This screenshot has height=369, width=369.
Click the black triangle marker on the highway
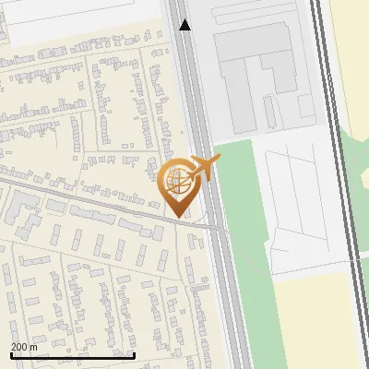pyautogui.click(x=185, y=25)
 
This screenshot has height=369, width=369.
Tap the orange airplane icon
pyautogui.click(x=204, y=168)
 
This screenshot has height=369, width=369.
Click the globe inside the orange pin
pyautogui.click(x=175, y=181)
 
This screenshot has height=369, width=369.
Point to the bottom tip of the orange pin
pyautogui.click(x=175, y=218)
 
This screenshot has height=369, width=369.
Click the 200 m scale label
pyautogui.click(x=24, y=347)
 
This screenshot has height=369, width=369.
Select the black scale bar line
pyautogui.click(x=73, y=355)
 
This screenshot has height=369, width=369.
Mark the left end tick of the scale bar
pyautogui.click(x=11, y=354)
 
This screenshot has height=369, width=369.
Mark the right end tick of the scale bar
pyautogui.click(x=135, y=354)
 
